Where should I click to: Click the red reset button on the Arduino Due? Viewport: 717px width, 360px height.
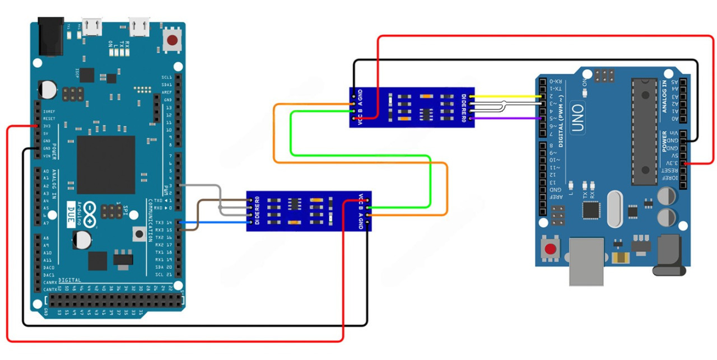(x=173, y=40)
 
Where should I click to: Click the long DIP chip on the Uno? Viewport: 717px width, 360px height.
(x=644, y=131)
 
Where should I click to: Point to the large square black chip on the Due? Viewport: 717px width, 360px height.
(x=106, y=165)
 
